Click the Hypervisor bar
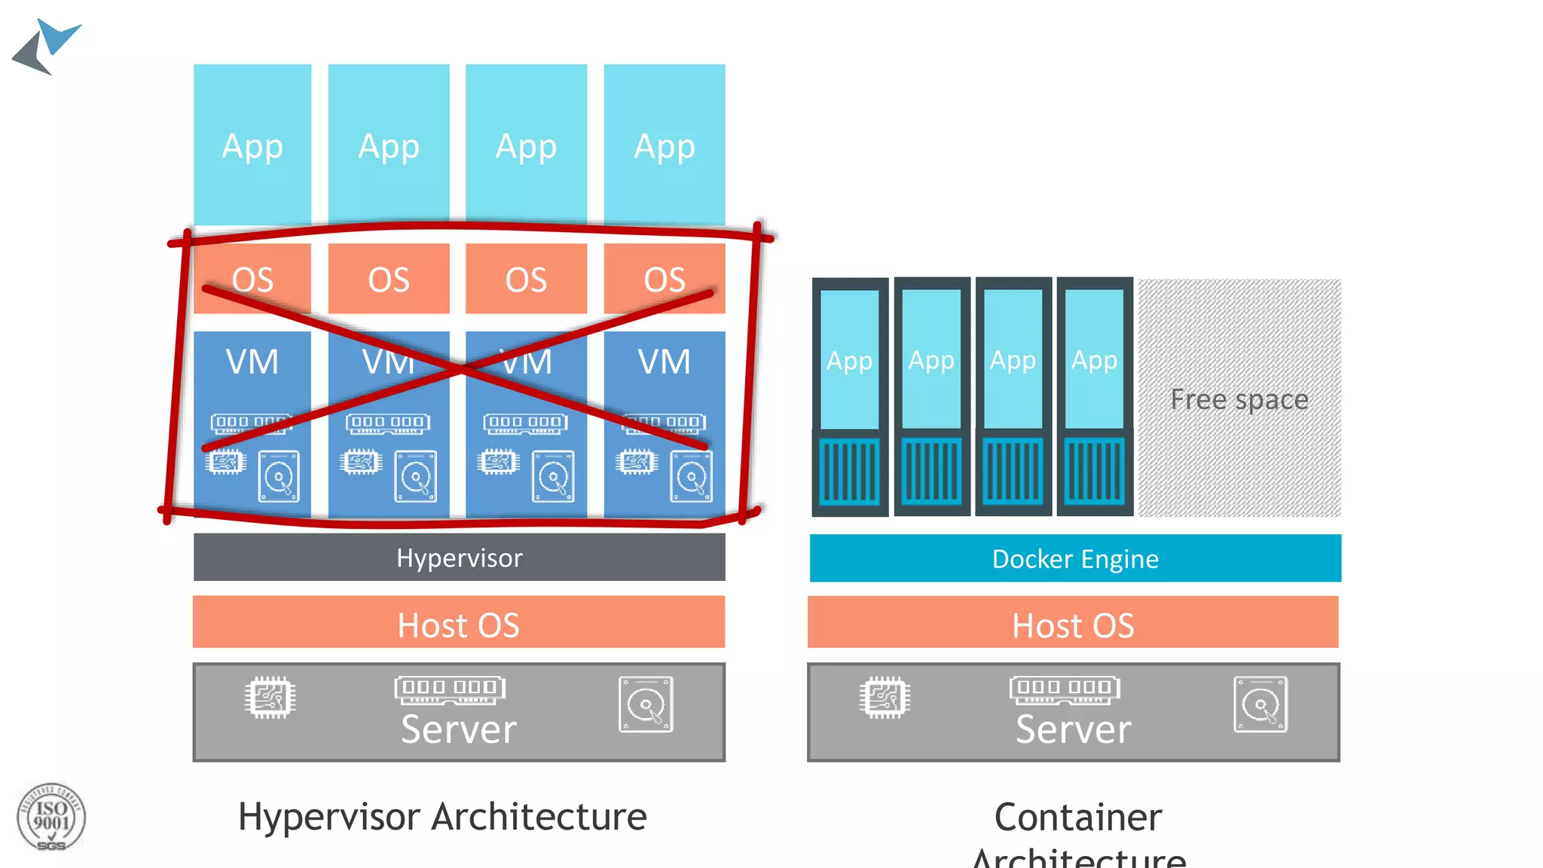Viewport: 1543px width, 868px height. tap(459, 558)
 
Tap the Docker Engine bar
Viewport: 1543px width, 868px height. tap(1075, 558)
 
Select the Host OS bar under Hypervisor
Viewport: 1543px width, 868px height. tap(459, 622)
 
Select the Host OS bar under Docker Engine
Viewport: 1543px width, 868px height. tap(1073, 622)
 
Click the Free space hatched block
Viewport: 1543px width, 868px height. tap(1239, 398)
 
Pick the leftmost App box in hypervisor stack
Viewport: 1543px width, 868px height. tap(252, 145)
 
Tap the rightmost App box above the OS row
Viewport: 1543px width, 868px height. tap(665, 145)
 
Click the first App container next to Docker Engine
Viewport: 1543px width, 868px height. tap(850, 360)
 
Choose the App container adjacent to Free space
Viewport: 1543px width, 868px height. tap(1095, 360)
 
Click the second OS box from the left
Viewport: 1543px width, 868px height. tap(389, 279)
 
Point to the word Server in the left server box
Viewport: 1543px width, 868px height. tap(459, 729)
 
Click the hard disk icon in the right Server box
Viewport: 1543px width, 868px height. tap(1260, 704)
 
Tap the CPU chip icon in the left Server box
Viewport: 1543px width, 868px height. tap(270, 697)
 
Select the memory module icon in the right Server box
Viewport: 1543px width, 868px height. tap(1065, 689)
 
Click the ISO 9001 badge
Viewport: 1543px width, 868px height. tap(51, 818)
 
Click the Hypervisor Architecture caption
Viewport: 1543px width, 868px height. tap(442, 817)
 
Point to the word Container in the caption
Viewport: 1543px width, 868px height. tap(1078, 818)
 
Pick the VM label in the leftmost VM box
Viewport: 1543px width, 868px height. tap(252, 362)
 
